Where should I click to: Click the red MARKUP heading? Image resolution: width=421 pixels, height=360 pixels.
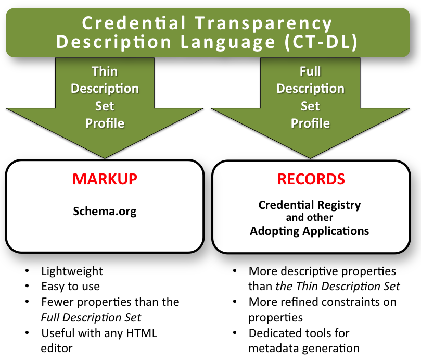click(x=105, y=179)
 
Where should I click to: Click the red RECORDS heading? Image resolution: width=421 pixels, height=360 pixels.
click(x=311, y=179)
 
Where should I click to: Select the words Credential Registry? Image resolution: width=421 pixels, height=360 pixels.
click(x=309, y=205)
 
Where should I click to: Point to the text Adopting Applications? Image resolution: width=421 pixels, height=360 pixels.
click(x=309, y=230)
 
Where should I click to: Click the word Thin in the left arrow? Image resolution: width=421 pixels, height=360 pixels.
click(x=105, y=71)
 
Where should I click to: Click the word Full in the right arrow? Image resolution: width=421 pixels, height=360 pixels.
click(x=310, y=71)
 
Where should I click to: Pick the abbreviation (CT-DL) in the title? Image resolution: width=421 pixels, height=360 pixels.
click(x=322, y=42)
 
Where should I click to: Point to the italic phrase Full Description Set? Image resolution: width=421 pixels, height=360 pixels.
click(x=91, y=316)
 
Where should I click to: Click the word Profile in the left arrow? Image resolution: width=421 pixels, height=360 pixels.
click(x=105, y=123)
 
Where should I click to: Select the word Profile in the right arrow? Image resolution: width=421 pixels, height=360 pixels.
click(x=310, y=123)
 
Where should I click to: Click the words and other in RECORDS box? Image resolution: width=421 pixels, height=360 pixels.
click(x=309, y=217)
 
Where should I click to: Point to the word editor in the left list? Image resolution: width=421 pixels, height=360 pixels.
click(x=56, y=347)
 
